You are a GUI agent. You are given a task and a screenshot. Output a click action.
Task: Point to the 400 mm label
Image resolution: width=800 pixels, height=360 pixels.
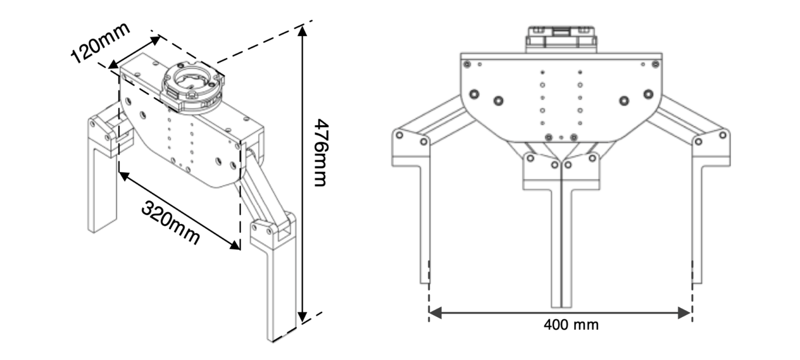(571, 325)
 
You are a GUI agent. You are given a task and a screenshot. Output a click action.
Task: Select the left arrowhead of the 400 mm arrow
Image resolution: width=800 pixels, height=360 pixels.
(434, 313)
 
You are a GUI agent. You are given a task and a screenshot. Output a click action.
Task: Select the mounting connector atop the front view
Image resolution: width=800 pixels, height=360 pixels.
(561, 39)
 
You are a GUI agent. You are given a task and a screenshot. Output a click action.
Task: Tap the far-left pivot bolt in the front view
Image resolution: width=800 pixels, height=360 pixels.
(399, 135)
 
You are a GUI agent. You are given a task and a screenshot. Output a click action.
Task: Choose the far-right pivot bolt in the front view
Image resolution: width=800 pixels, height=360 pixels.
(722, 135)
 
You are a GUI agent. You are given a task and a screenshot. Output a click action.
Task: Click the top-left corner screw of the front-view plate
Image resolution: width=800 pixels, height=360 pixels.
(467, 64)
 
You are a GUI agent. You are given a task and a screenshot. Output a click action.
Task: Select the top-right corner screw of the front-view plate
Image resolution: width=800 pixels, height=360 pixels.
(655, 64)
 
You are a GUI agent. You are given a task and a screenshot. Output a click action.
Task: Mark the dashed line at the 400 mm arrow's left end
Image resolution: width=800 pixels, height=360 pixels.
(429, 292)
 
